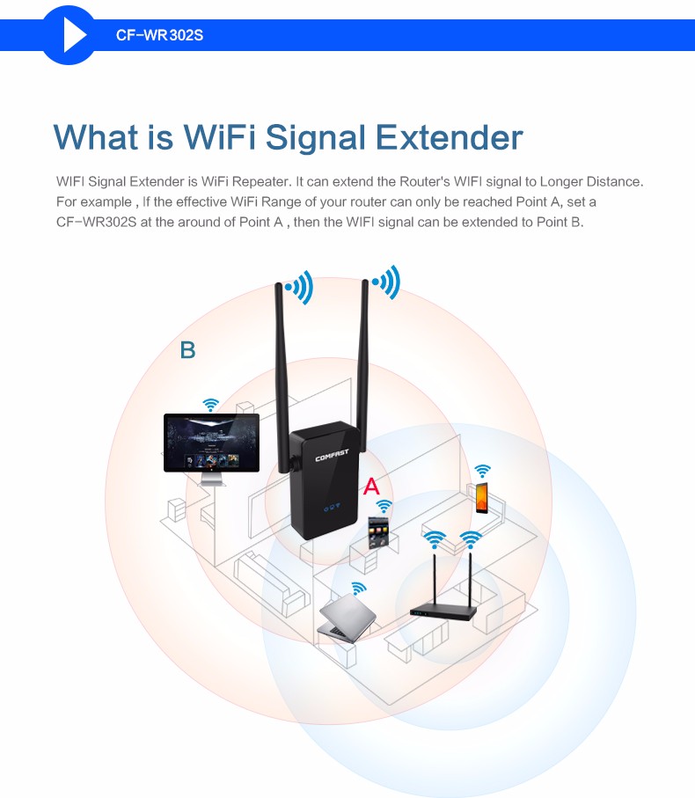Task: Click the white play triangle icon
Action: click(74, 36)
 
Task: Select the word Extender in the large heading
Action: click(450, 138)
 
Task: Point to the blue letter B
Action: click(187, 350)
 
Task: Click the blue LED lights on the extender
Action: click(331, 508)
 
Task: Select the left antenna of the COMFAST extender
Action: click(284, 370)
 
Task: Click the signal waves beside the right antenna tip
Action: click(387, 282)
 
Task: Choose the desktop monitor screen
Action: click(211, 443)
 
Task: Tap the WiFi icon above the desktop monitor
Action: click(210, 405)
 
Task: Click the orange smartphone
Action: click(482, 498)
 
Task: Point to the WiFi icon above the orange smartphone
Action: click(482, 472)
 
